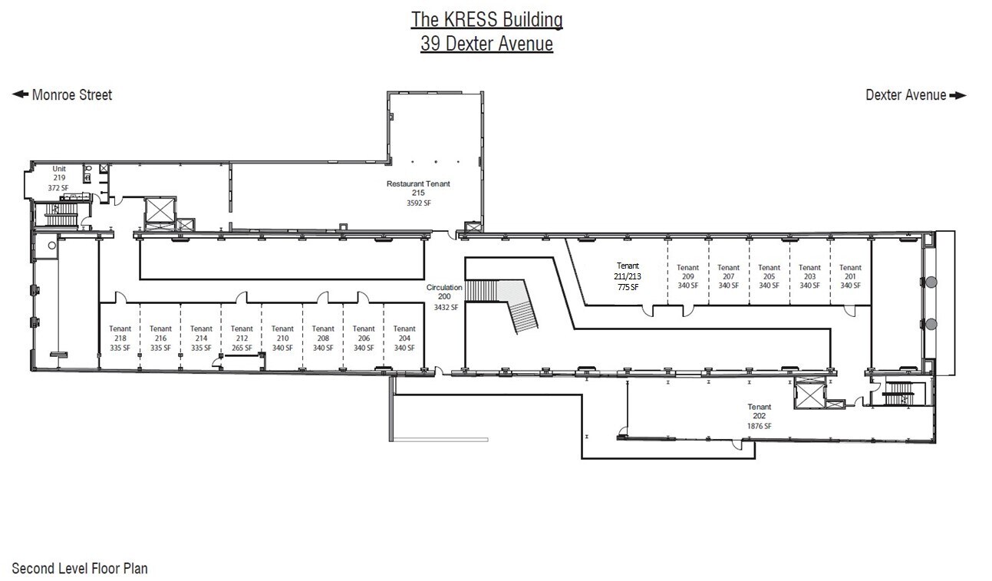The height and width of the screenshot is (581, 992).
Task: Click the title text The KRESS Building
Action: [x=486, y=19]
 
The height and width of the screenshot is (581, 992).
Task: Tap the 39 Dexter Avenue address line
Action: [x=486, y=44]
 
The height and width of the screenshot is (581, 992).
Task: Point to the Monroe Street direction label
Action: [x=71, y=95]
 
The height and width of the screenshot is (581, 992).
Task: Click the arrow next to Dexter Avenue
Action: [x=958, y=96]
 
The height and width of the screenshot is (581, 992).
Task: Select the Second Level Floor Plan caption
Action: [x=80, y=569]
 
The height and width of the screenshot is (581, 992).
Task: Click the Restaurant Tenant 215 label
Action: [x=418, y=188]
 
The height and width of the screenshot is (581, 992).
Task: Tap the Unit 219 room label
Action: [x=59, y=177]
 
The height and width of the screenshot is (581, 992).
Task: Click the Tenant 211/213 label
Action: [x=628, y=276]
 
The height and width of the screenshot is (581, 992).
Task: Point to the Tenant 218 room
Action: [x=120, y=338]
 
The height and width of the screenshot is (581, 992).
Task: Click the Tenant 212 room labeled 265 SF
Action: [x=242, y=338]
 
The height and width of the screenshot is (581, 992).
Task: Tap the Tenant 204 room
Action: [x=404, y=338]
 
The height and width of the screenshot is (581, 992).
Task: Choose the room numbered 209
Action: [x=687, y=276]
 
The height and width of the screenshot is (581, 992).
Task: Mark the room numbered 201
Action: [x=850, y=276]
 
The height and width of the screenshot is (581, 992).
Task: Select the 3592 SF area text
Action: [x=418, y=203]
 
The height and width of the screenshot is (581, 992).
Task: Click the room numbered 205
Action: [x=769, y=276]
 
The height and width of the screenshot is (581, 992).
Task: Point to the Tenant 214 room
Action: [x=201, y=338]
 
